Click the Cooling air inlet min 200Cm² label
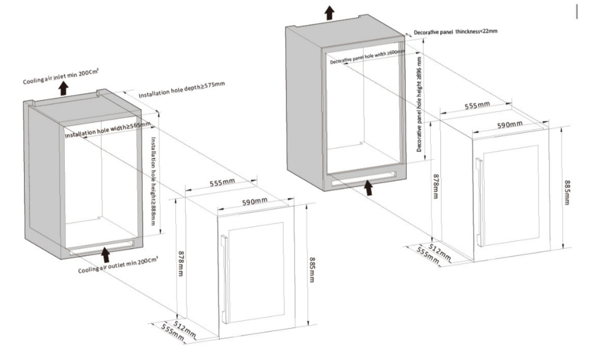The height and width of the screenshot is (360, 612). tap(61, 77)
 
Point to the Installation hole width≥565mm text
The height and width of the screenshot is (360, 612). tap(108, 130)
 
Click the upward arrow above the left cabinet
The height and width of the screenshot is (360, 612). tap(63, 89)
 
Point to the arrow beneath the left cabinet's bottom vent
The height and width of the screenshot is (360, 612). tap(106, 254)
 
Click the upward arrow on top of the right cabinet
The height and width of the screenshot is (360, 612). tap(329, 12)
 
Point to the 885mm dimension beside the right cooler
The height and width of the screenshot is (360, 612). tap(567, 192)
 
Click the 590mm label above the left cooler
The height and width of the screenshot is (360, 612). tap(255, 200)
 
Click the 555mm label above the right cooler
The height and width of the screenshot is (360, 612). tap(477, 105)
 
